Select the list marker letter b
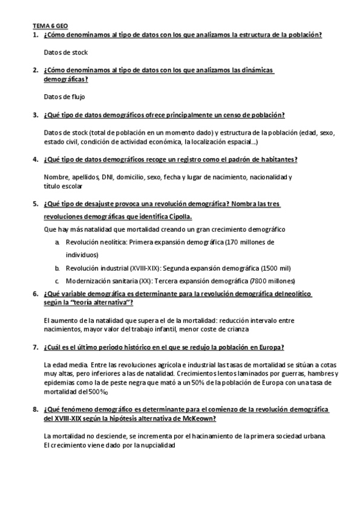coord(57,267)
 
